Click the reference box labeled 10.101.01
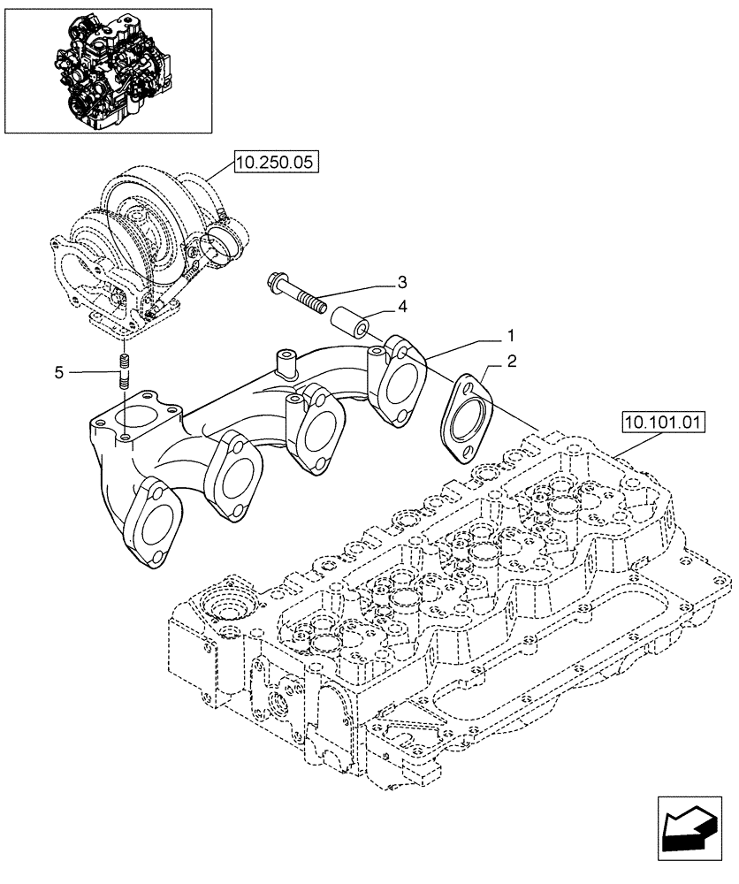(662, 423)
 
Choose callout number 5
(58, 373)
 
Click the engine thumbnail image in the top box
(109, 66)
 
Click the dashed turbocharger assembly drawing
(150, 248)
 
